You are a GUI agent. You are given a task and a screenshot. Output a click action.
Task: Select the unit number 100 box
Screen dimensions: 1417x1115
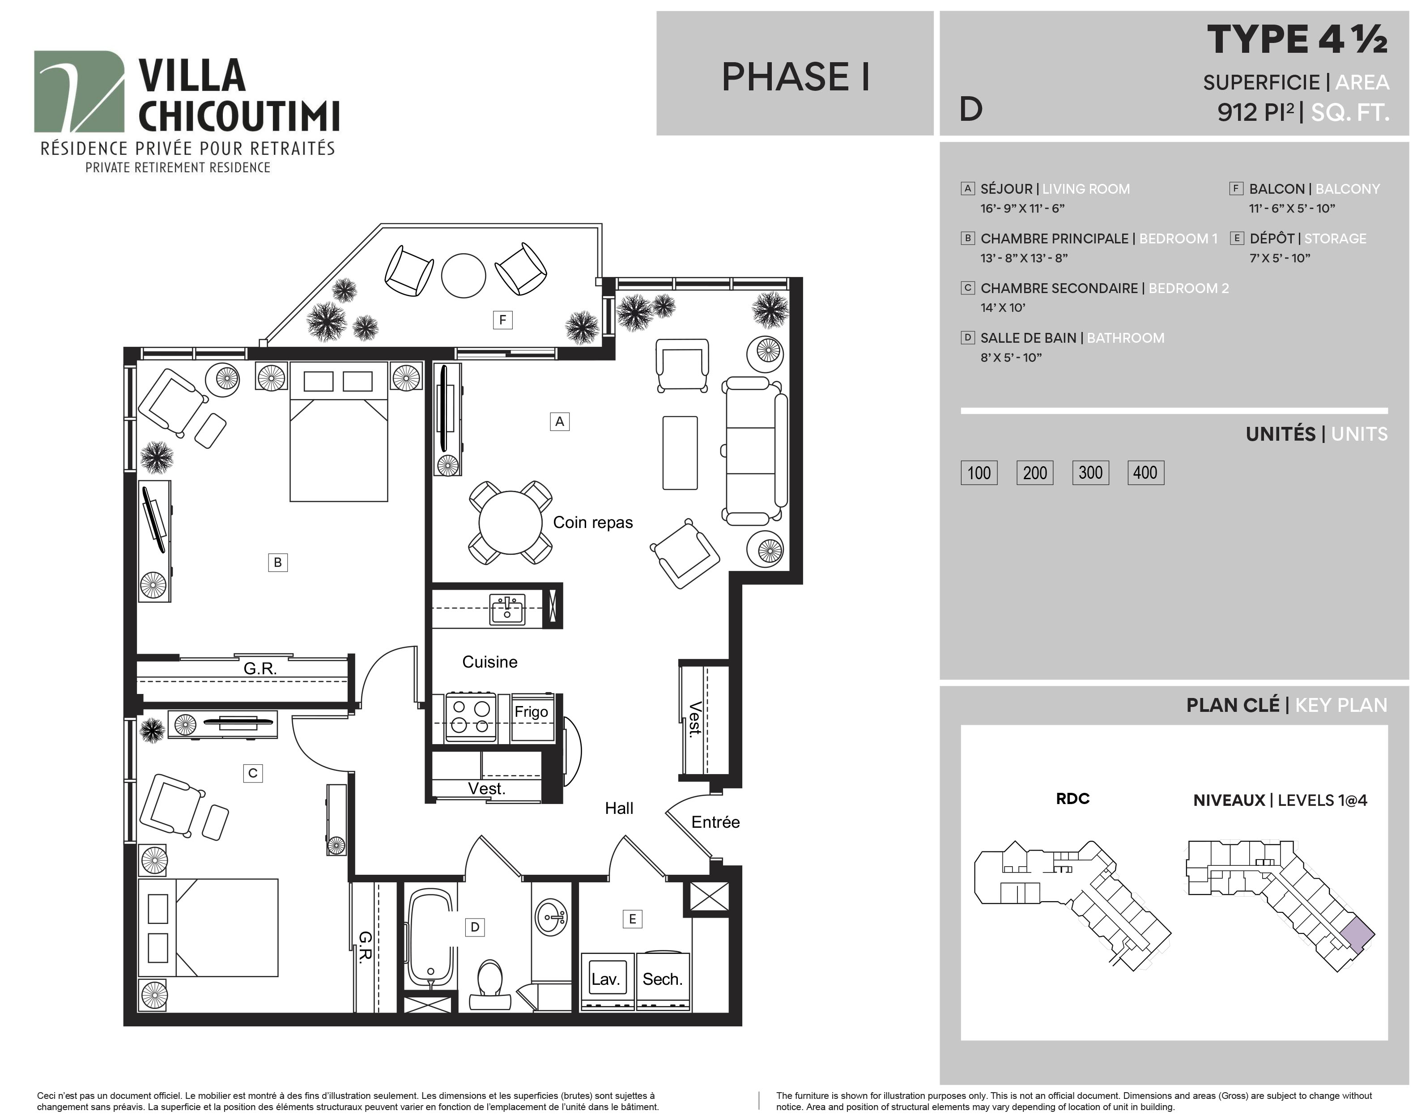point(979,472)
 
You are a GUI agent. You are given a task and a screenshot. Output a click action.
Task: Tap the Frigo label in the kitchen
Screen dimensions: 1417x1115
point(531,711)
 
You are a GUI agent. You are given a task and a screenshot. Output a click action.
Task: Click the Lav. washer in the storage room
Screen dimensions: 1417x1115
point(606,979)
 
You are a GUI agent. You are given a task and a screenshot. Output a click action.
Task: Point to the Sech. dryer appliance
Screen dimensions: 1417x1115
point(663,979)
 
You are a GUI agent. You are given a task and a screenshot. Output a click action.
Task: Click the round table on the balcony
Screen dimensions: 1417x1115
point(464,276)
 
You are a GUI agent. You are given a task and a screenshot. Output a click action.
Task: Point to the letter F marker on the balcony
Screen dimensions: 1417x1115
point(502,320)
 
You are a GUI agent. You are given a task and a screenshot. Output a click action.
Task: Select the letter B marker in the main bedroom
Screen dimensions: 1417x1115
point(278,562)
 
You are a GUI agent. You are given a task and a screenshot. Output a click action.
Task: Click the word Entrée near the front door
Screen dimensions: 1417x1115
point(715,822)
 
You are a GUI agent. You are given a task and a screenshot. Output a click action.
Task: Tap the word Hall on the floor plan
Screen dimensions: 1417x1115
point(619,808)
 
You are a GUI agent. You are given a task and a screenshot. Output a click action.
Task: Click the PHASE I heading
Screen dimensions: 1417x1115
point(796,77)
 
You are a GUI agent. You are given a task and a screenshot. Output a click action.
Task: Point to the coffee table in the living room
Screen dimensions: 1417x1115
point(680,452)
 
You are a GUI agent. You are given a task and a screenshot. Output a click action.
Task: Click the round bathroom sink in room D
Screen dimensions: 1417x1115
point(552,917)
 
